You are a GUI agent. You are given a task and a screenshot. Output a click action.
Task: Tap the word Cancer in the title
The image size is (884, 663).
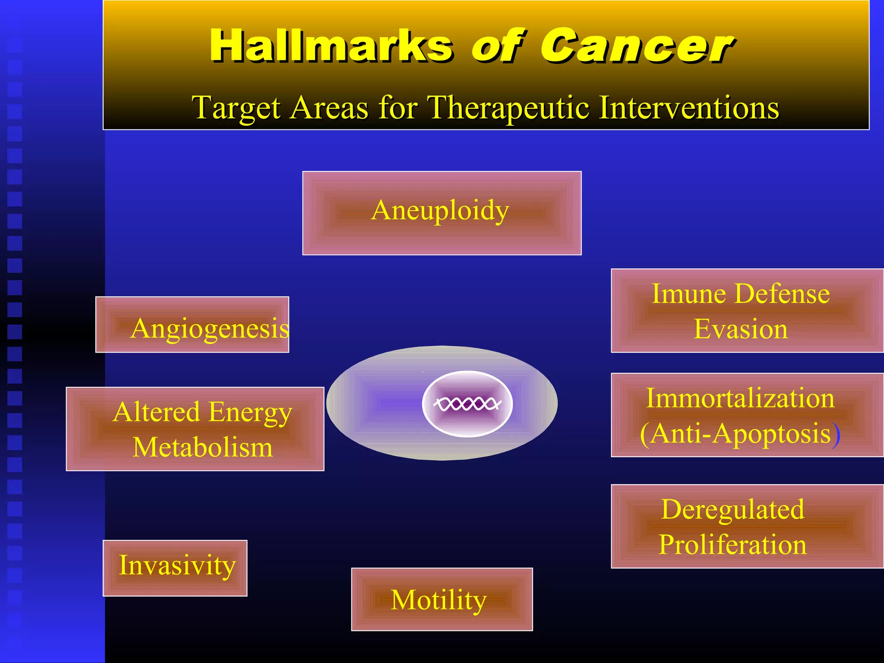coord(637,46)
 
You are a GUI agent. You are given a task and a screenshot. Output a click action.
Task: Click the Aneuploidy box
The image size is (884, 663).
coord(442,213)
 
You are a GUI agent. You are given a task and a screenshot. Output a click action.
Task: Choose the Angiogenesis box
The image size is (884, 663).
coord(192,325)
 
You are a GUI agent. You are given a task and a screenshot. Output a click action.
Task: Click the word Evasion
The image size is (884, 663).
coord(741,329)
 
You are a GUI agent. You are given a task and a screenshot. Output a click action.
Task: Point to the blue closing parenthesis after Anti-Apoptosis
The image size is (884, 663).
coord(837,434)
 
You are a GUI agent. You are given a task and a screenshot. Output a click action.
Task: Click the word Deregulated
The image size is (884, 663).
coord(732,510)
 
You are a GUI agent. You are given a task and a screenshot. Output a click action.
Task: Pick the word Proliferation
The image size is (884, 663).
coord(732,545)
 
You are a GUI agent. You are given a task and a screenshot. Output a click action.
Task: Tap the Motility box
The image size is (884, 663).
coord(442,599)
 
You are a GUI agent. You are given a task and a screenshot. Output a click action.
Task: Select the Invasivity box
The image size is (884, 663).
coord(175,568)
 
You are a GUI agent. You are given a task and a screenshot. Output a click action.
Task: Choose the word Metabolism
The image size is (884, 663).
coord(202,448)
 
